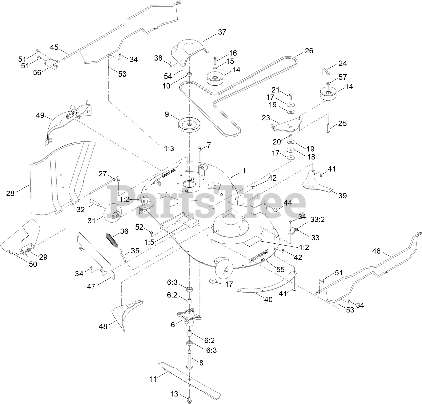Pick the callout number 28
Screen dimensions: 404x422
pyautogui.click(x=10, y=193)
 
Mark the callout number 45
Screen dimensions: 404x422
pyautogui.click(x=54, y=47)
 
